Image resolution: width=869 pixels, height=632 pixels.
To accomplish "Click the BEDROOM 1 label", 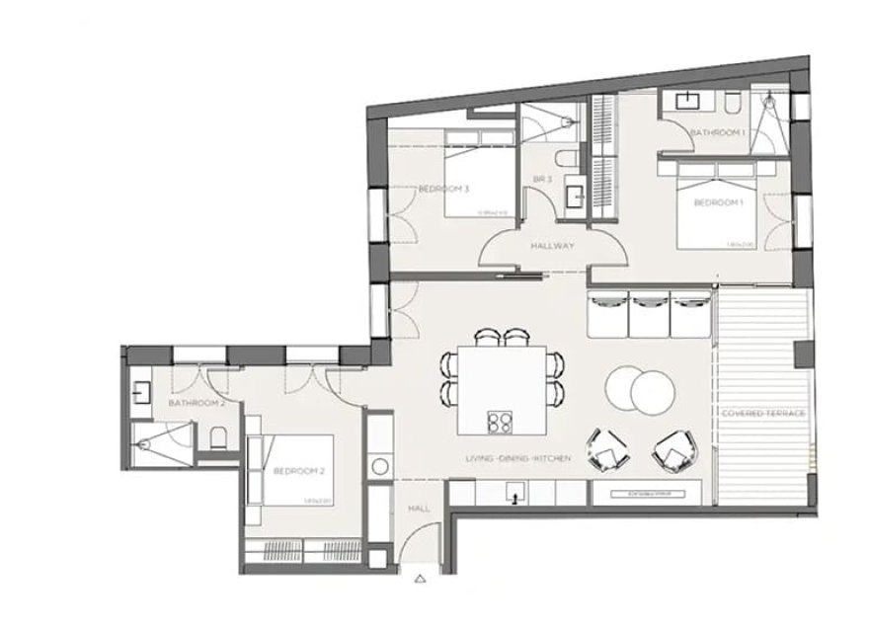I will (717, 202).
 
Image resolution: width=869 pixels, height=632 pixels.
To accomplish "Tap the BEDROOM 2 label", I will (299, 470).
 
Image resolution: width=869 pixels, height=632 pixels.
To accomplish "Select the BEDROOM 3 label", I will (443, 188).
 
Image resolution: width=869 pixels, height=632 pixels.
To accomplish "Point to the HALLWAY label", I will (552, 246).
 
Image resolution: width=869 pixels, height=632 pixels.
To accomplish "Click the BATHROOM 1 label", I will (717, 131).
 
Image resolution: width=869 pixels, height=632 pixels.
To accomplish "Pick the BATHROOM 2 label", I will (197, 403).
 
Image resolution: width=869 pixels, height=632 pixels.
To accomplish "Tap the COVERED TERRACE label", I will (763, 412).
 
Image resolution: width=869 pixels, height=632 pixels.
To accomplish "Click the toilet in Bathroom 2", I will (218, 435).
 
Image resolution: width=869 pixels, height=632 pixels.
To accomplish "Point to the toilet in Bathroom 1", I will (732, 103).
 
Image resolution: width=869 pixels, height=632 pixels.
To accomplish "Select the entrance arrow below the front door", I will (421, 580).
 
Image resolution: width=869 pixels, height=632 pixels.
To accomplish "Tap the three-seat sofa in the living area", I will (649, 313).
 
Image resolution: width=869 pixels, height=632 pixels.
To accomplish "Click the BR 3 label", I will (542, 179).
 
